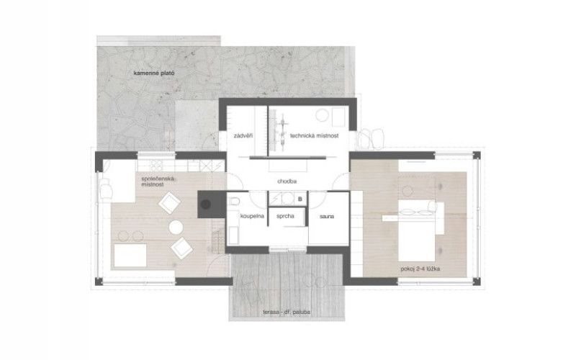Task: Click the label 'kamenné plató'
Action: click(154, 73)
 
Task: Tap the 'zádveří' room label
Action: click(243, 135)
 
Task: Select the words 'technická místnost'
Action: click(314, 135)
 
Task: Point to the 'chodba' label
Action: click(287, 181)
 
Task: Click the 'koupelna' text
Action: click(252, 216)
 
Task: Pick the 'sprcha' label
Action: click(285, 216)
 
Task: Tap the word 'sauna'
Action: click(327, 217)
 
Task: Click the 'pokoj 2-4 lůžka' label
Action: click(420, 269)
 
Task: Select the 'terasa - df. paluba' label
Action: click(287, 312)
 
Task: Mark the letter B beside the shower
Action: click(300, 199)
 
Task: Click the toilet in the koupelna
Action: click(233, 202)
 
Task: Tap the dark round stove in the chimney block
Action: click(206, 204)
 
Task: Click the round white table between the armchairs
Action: click(176, 228)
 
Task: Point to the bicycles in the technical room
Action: click(283, 129)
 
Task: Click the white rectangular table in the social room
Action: click(130, 256)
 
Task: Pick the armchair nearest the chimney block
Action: click(169, 202)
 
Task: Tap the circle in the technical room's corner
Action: click(322, 115)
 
